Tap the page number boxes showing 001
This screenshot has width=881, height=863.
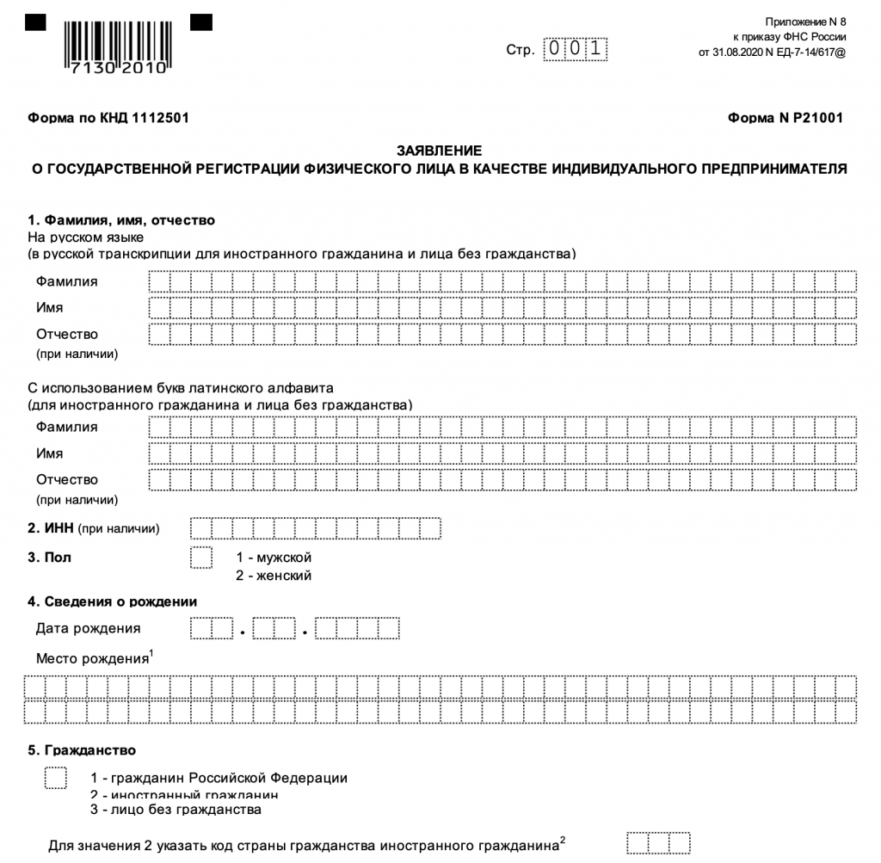[575, 50]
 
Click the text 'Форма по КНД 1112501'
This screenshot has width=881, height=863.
[108, 118]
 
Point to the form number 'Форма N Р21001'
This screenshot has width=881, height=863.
[785, 118]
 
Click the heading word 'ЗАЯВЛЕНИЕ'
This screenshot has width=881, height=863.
[439, 150]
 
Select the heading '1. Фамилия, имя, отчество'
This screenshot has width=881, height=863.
[121, 220]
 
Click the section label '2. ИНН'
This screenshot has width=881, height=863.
[51, 527]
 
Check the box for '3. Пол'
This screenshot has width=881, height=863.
[200, 558]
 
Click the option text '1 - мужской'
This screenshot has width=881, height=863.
[274, 558]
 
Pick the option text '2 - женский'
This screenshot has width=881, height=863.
[274, 576]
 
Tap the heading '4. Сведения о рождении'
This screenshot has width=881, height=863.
[113, 601]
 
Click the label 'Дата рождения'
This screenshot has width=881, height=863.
[88, 628]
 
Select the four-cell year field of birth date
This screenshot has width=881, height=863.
[357, 629]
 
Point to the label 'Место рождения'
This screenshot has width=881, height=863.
[92, 659]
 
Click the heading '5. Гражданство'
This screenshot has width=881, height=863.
[82, 750]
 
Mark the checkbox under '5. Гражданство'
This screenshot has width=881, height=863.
[56, 777]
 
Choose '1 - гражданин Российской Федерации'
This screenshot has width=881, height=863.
[219, 778]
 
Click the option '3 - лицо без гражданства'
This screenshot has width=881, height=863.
[175, 810]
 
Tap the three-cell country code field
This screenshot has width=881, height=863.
[658, 843]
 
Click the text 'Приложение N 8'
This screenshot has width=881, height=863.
[805, 21]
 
